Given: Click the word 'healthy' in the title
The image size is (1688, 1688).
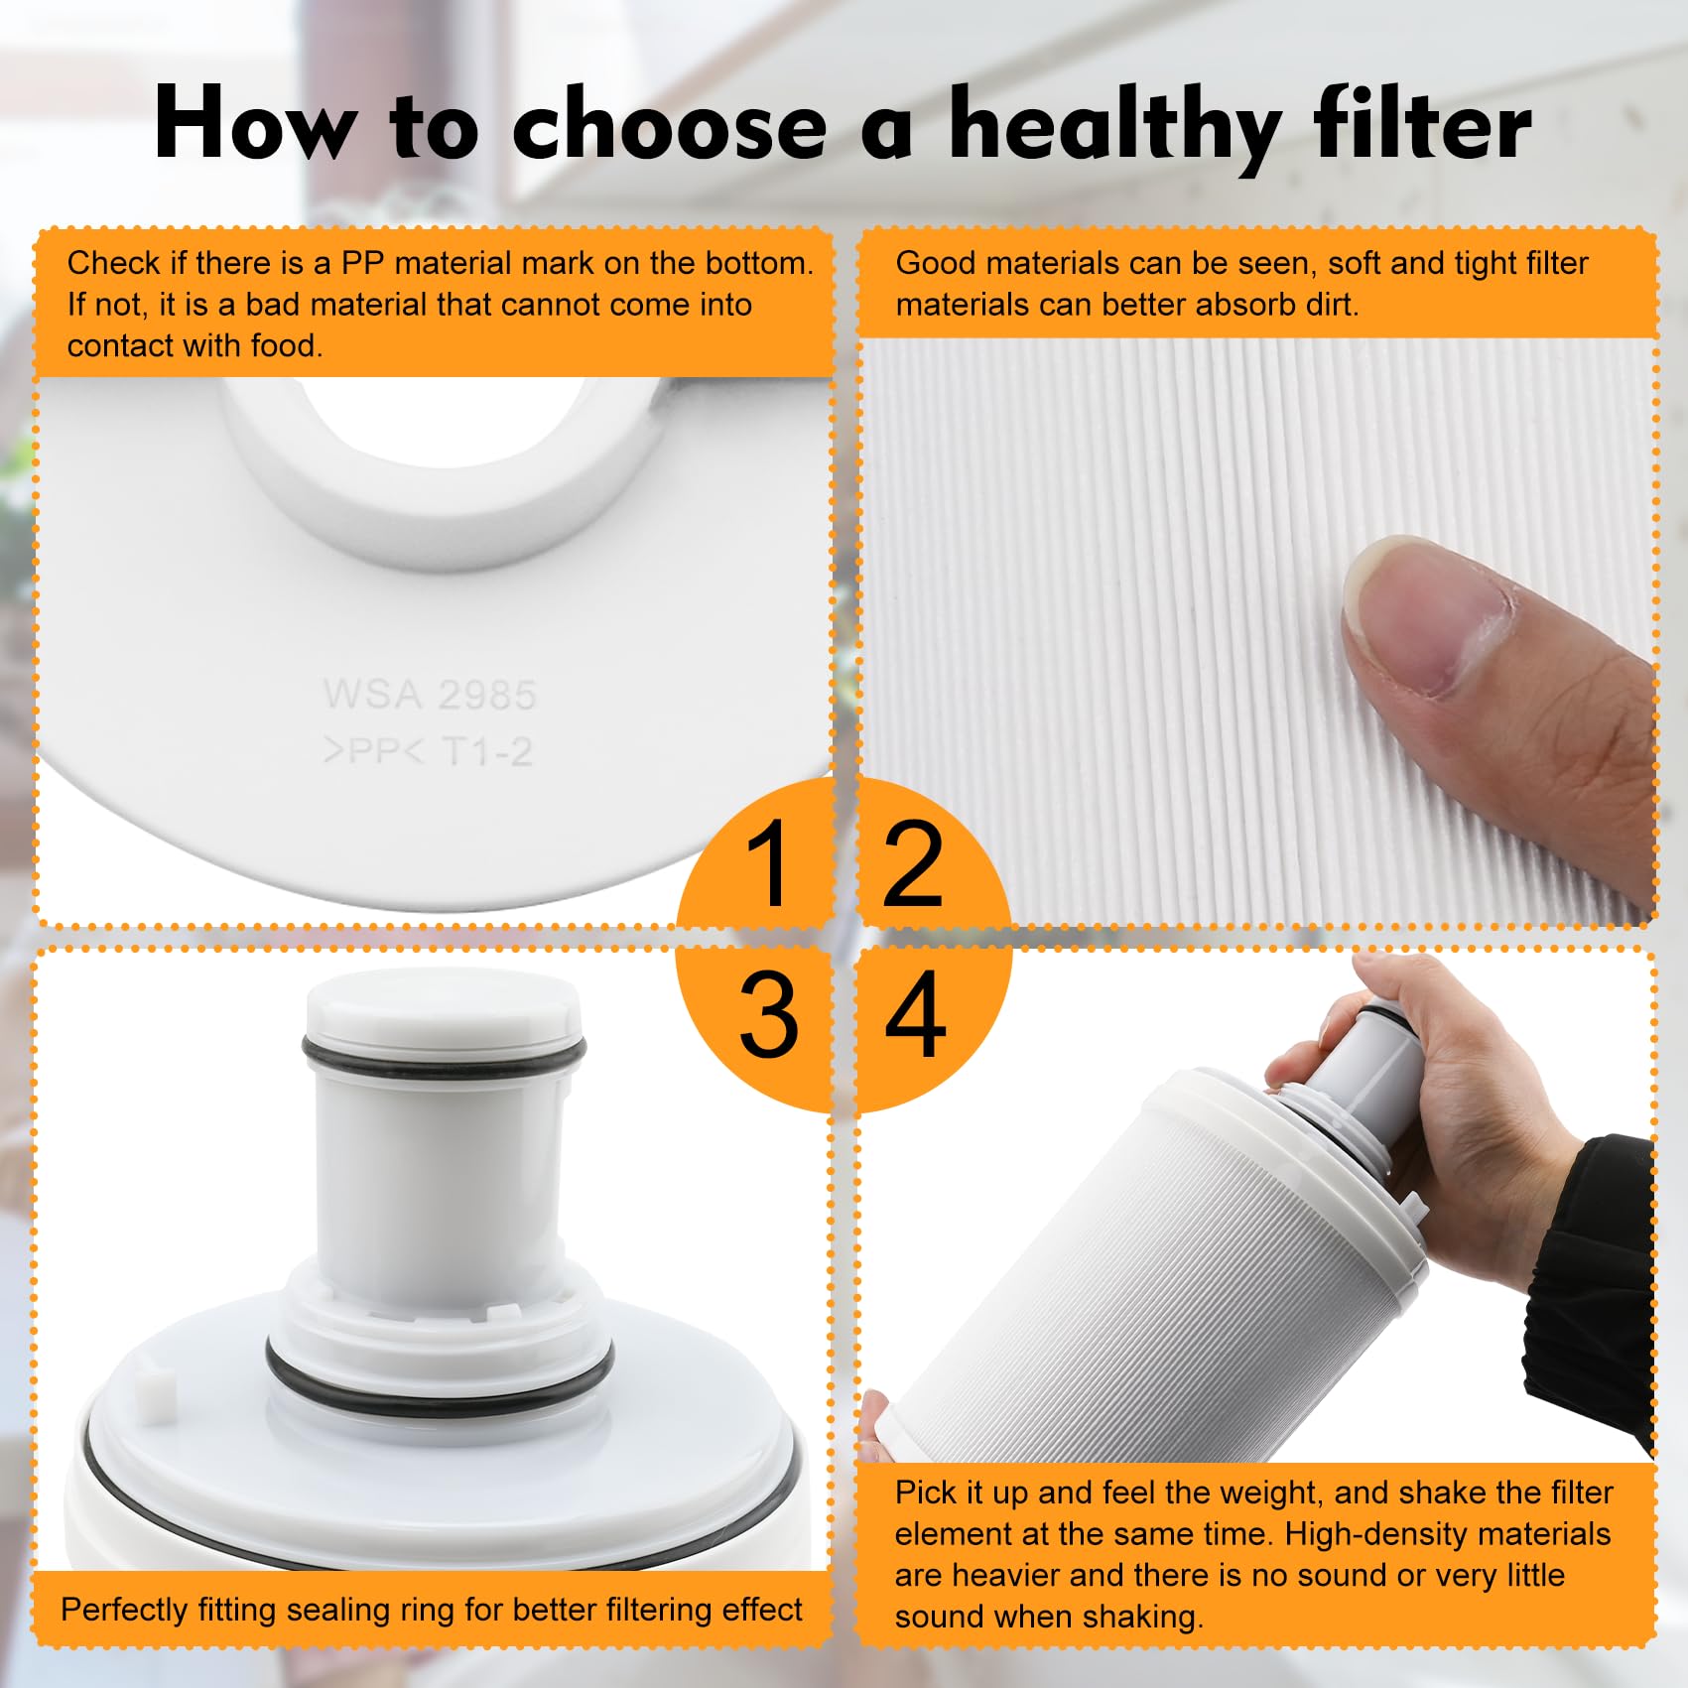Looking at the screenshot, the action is coord(1113,125).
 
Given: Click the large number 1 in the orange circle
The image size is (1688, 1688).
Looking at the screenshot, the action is coord(766,865).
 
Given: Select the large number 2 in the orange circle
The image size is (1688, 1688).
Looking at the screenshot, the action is coord(911,864).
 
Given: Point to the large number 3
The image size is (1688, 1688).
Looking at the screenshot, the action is coord(768,1014).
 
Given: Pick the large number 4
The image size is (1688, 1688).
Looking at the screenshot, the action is coord(915,1014).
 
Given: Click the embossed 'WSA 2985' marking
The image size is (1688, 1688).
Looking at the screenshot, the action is coord(429,695).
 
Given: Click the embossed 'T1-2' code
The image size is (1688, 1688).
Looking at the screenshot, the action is coord(487,751).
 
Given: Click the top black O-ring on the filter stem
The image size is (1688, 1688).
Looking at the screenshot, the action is coord(444,1055).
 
